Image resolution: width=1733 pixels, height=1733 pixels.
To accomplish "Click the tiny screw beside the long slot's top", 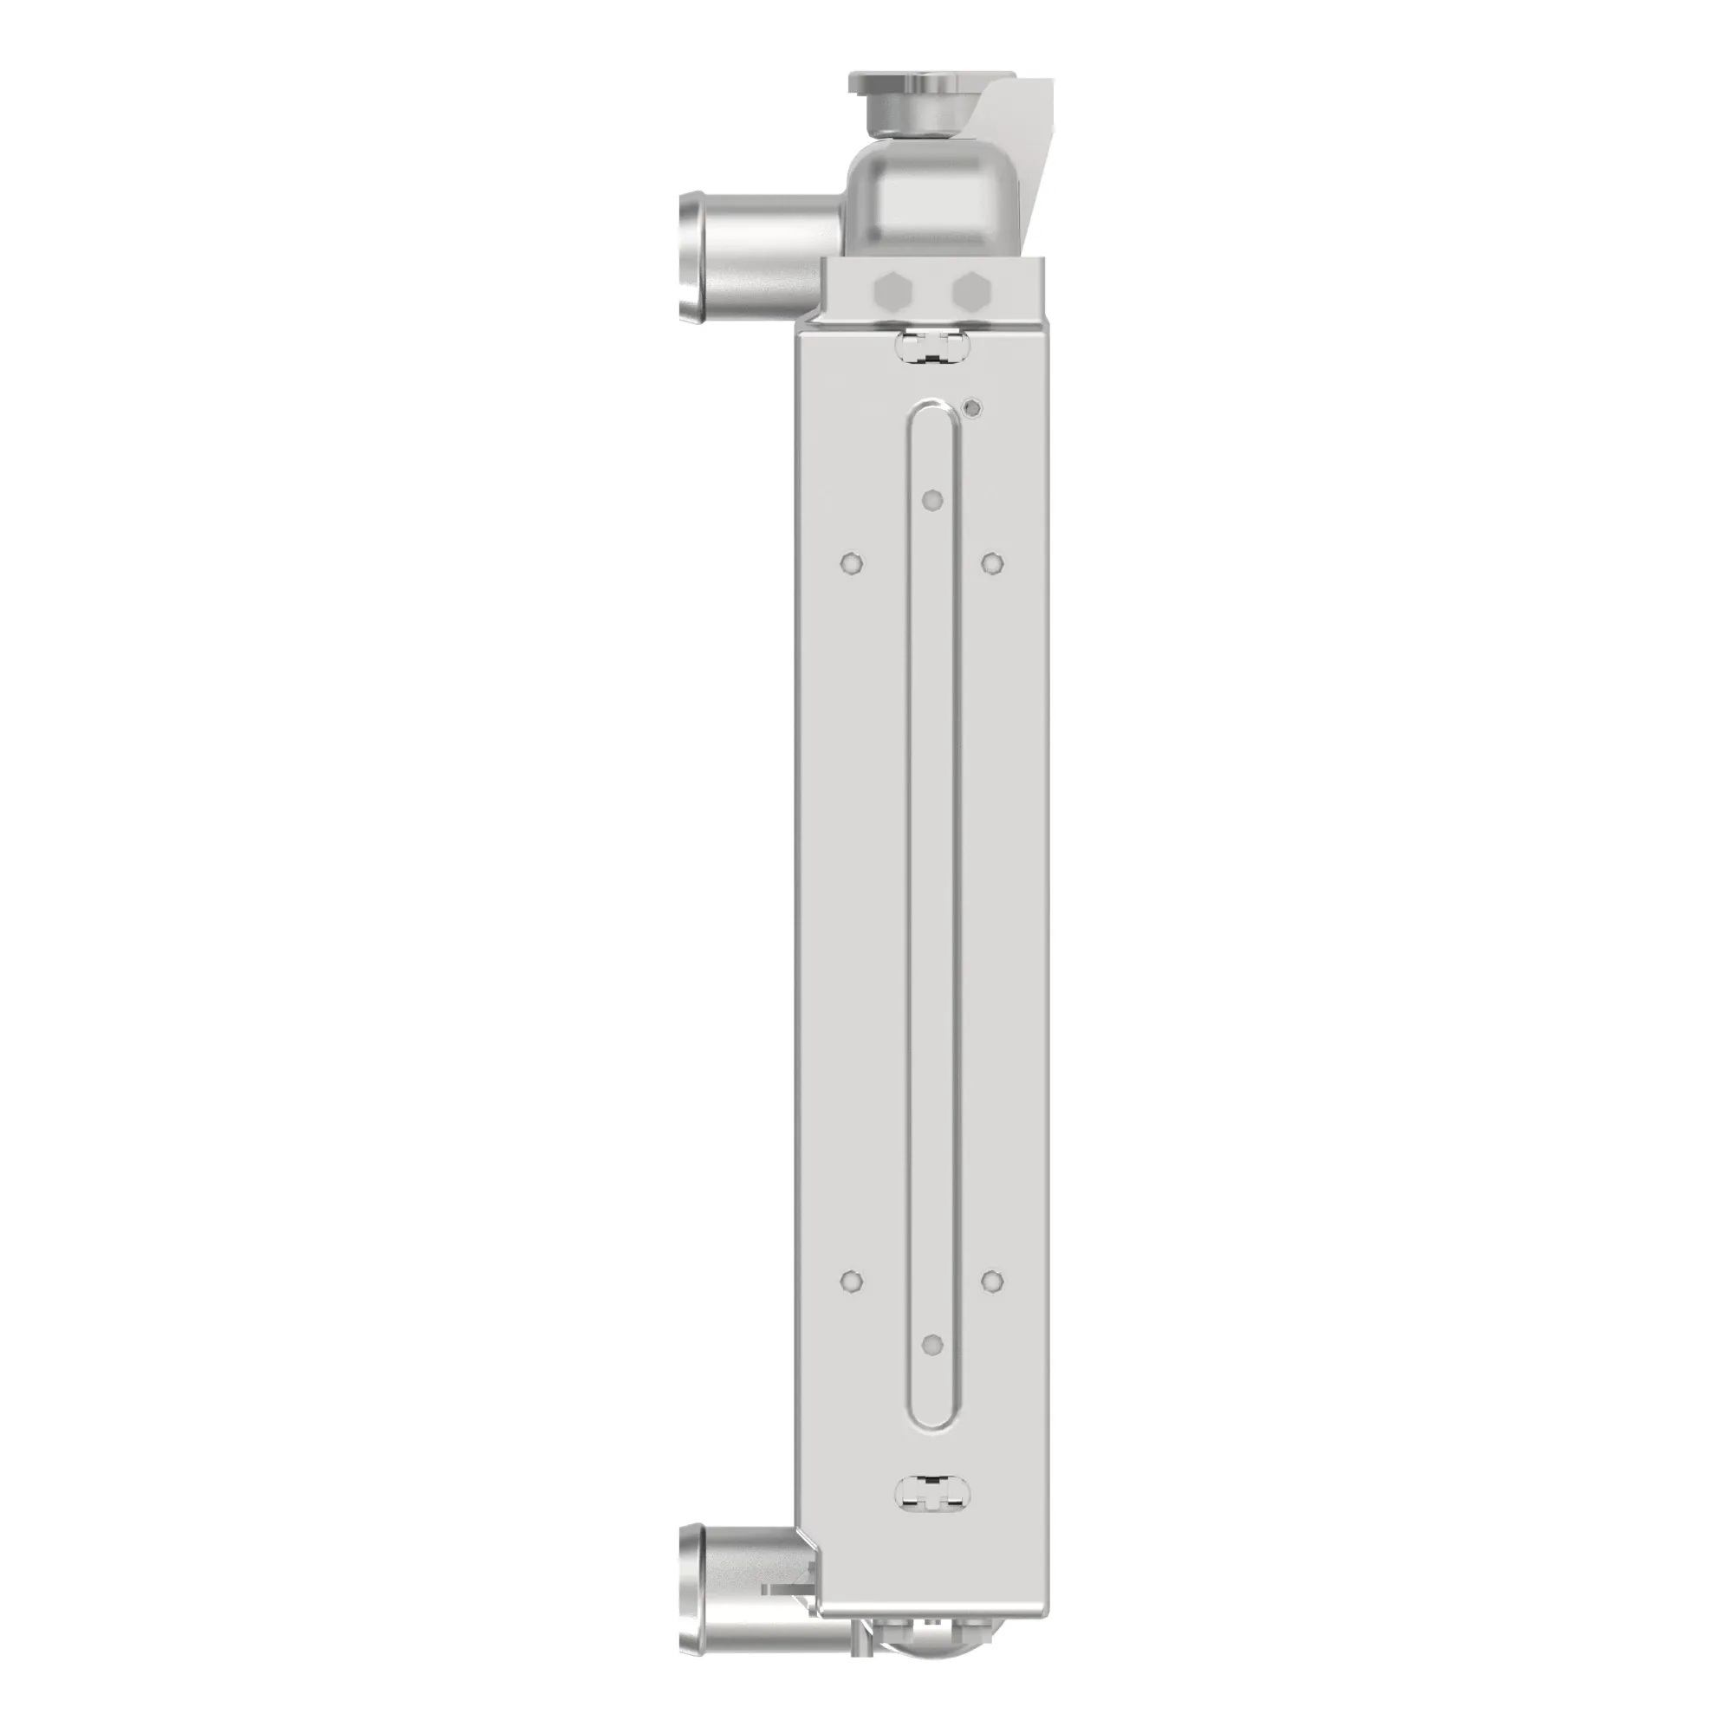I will tap(970, 409).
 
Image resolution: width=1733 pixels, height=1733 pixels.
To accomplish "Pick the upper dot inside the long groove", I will tap(934, 499).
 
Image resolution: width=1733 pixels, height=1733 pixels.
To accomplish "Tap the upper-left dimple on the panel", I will tap(850, 562).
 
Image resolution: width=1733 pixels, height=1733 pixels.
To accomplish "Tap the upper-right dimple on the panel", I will tap(992, 562).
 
